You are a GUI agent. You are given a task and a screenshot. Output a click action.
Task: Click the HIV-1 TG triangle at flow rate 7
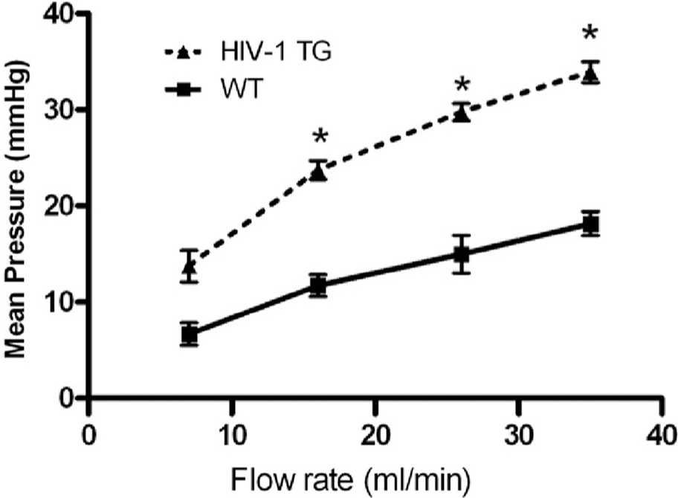[x=189, y=266]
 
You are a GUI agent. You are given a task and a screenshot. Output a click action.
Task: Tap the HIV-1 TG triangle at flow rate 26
[x=462, y=114]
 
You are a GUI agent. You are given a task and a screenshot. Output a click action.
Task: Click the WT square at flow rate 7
[x=189, y=334]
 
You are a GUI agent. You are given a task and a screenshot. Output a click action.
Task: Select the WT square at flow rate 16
[x=318, y=285]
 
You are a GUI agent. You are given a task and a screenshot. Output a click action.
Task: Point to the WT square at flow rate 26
[x=462, y=253]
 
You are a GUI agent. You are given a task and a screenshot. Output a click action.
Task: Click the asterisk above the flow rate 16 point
[x=320, y=138]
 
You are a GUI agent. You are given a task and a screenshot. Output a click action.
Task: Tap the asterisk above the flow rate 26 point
[x=462, y=85]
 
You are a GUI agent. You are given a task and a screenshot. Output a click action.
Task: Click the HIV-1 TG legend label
[x=276, y=51]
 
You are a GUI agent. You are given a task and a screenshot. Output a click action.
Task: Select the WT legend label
[x=242, y=88]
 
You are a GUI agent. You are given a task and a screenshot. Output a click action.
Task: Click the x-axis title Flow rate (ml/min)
[x=350, y=480]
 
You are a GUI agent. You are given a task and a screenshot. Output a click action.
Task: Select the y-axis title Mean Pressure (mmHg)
[x=16, y=209]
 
